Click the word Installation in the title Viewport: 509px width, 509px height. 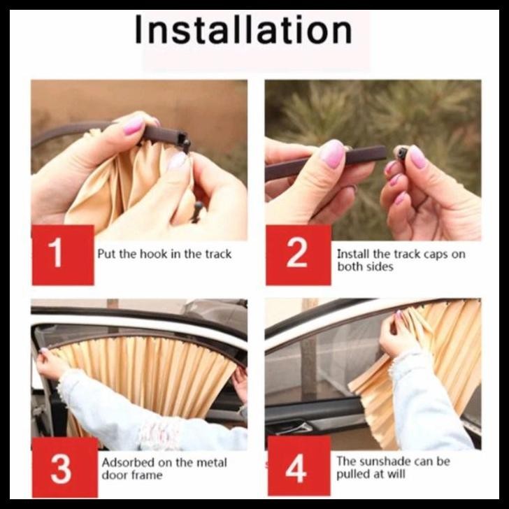pyautogui.click(x=243, y=29)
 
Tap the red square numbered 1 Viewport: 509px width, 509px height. pyautogui.click(x=63, y=255)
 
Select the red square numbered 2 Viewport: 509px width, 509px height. pyautogui.click(x=299, y=255)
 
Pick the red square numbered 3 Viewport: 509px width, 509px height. pyautogui.click(x=64, y=468)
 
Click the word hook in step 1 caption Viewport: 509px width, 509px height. pyautogui.click(x=154, y=254)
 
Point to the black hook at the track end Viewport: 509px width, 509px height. pyautogui.click(x=185, y=143)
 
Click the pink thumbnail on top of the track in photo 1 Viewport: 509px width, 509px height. pyautogui.click(x=134, y=126)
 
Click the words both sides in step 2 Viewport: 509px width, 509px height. pyautogui.click(x=365, y=267)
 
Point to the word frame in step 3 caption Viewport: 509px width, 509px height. pyautogui.click(x=147, y=475)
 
